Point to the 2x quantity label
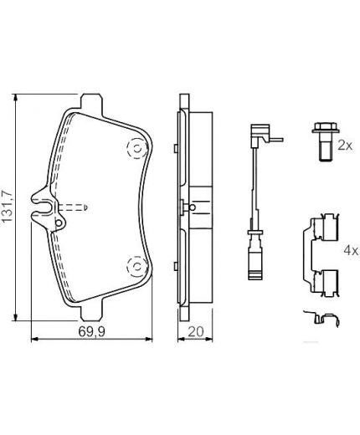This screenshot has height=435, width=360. (344, 145)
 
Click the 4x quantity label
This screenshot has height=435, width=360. (349, 250)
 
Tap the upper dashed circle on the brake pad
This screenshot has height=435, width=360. (132, 148)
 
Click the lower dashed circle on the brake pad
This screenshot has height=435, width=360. (132, 267)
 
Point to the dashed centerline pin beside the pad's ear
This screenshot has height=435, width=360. (75, 206)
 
